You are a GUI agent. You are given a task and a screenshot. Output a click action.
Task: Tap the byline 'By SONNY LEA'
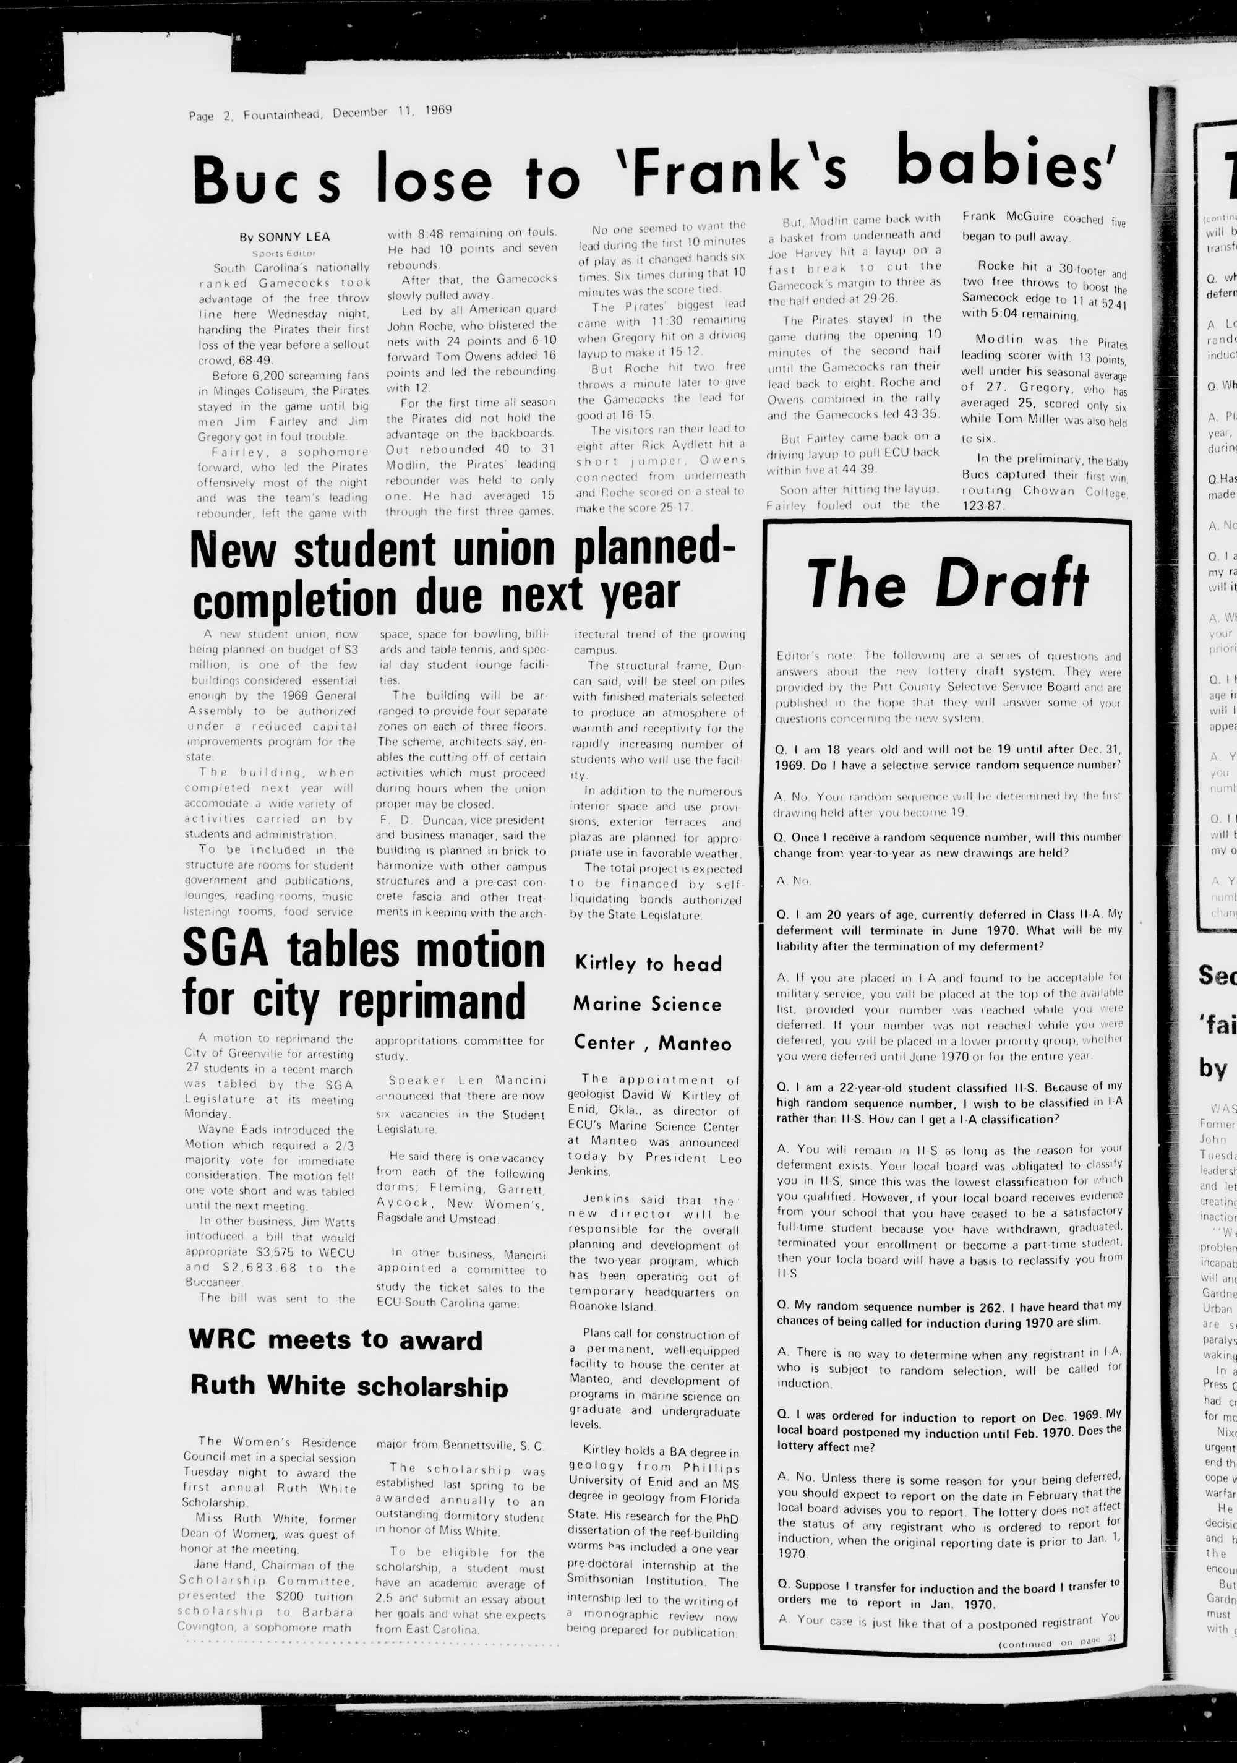click(283, 238)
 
